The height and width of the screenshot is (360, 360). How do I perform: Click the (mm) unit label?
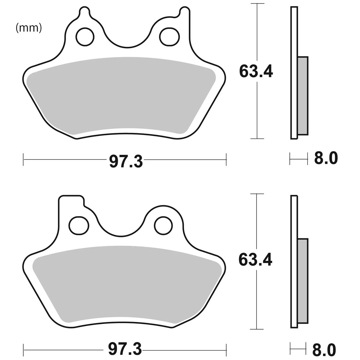[x=29, y=28]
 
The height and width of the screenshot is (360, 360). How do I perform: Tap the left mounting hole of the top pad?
[x=85, y=37]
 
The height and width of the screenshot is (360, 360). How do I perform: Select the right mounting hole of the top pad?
[x=169, y=37]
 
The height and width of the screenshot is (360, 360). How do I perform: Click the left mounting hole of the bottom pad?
[x=79, y=225]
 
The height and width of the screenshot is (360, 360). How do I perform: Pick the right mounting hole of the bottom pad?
[x=163, y=225]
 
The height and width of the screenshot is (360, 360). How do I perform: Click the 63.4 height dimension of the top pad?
[x=256, y=71]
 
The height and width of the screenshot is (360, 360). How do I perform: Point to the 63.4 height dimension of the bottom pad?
[x=255, y=260]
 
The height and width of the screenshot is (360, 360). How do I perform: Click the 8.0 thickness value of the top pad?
[x=326, y=158]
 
